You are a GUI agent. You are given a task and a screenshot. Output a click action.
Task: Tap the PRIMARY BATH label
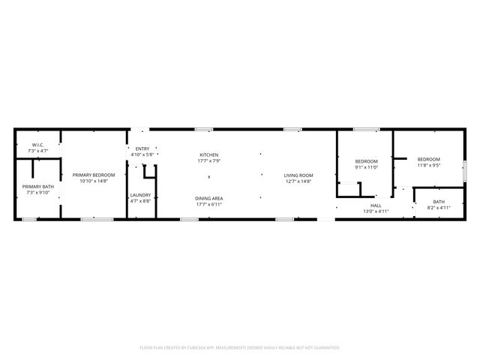(x=37, y=187)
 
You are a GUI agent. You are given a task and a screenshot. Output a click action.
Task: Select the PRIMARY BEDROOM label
(x=94, y=175)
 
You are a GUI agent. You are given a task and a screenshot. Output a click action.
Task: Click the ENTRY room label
(x=142, y=149)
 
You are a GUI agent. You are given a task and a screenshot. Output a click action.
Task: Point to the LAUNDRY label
(x=141, y=195)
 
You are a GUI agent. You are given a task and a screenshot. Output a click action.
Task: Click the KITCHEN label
(x=208, y=155)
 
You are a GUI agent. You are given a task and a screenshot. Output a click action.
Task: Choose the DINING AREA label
(x=208, y=198)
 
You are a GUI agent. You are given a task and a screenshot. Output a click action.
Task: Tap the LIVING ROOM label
(x=298, y=175)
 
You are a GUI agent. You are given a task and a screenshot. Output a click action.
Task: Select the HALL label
(x=376, y=205)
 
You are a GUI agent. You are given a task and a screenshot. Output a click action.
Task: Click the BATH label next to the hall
(x=439, y=201)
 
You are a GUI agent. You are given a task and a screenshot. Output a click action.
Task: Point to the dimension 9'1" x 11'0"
(x=366, y=166)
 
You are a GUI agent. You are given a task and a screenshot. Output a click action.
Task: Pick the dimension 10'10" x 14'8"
(x=94, y=181)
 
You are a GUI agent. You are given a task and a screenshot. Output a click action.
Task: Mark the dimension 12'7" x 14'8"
(x=298, y=181)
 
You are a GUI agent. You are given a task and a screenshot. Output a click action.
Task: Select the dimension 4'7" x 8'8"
(x=141, y=200)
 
